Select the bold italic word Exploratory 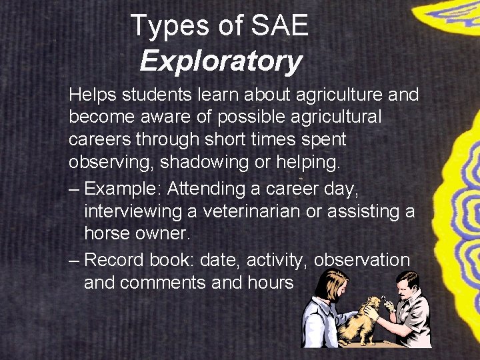click(x=221, y=61)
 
